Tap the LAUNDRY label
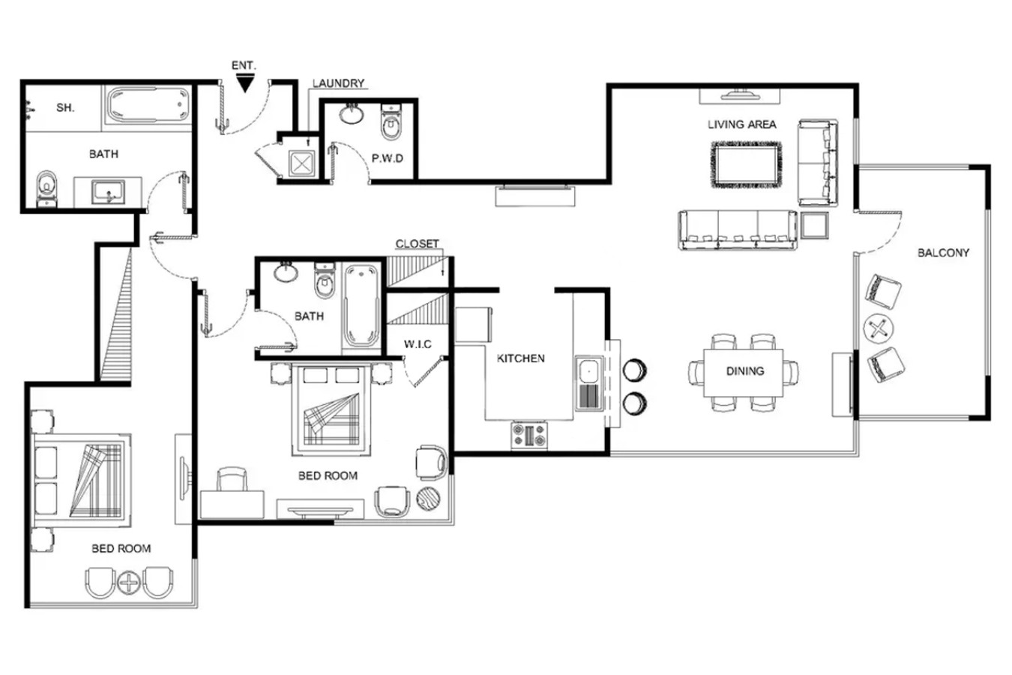(338, 83)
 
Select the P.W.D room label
(387, 158)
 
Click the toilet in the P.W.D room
(391, 122)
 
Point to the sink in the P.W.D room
(351, 114)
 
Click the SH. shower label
(65, 107)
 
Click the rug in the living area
(747, 164)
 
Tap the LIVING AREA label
(742, 124)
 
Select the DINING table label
(745, 371)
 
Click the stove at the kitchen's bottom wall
(529, 436)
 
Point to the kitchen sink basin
(589, 370)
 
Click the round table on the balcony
(879, 328)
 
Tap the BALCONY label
(943, 253)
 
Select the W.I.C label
(418, 344)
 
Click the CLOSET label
(417, 244)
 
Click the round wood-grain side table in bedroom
(428, 499)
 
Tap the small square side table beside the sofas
(815, 225)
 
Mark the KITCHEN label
(520, 358)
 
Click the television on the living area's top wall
(740, 95)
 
